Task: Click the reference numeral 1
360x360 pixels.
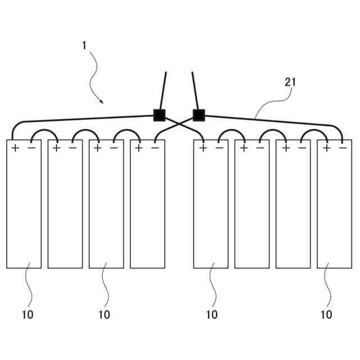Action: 84,45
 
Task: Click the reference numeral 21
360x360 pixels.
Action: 290,82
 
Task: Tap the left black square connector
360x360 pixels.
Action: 159,115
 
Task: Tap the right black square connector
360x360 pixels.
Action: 198,115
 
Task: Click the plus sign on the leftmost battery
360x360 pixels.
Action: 15,148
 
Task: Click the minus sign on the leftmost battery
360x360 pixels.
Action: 31,148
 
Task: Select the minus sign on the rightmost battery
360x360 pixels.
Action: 343,148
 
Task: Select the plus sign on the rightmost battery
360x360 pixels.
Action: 326,148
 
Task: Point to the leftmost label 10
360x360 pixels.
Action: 28,314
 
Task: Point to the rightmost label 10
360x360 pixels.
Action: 326,314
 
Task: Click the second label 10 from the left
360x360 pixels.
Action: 104,314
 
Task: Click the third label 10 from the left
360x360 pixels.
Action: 211,314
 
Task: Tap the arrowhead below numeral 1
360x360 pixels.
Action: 101,102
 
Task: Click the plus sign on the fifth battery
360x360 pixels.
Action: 202,148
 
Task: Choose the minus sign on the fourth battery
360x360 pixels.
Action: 155,148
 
